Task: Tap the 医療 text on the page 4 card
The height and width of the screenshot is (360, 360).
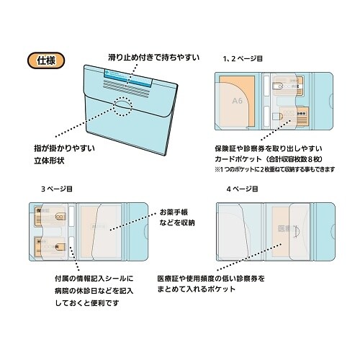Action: tap(287, 230)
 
